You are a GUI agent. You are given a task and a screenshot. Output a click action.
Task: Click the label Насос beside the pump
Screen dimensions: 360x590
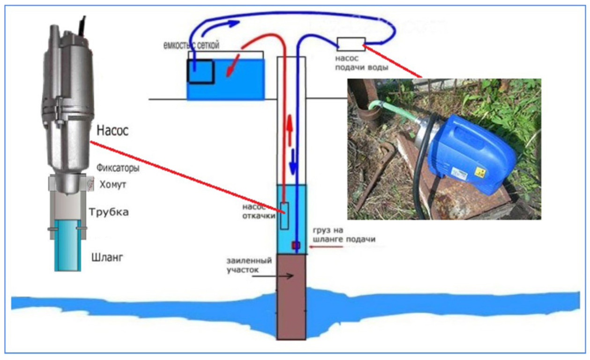point(112,131)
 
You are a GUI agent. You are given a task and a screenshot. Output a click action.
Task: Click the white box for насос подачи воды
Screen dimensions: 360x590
point(351,45)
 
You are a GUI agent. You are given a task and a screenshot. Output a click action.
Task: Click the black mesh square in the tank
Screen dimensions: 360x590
point(201,72)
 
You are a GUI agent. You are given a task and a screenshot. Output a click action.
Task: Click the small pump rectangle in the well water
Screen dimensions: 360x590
point(284,216)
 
